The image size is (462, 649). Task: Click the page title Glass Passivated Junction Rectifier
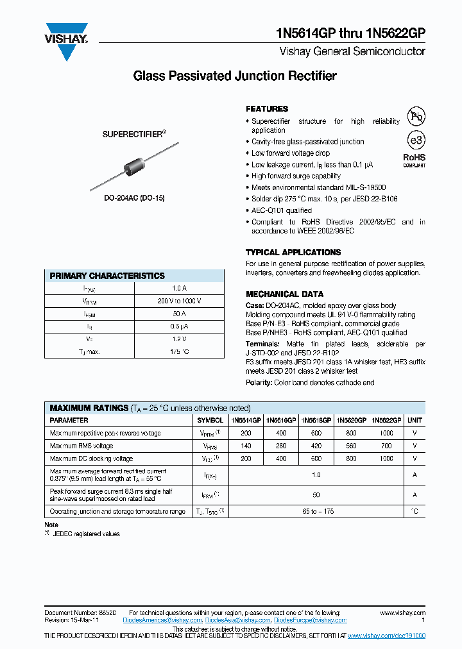coord(234,76)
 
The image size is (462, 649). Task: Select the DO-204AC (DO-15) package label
coord(135,199)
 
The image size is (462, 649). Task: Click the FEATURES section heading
coord(267,109)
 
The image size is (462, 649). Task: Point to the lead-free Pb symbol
coord(417,117)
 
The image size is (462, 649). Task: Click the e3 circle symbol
coord(416,140)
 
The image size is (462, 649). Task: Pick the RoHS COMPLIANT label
coord(414,160)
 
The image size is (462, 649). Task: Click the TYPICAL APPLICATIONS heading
coord(293,253)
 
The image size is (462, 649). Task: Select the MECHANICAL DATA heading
coord(281,294)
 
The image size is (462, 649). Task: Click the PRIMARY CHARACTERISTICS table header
coord(107,276)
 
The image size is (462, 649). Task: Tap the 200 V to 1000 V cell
coord(179,301)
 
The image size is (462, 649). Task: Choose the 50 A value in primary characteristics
coord(179,314)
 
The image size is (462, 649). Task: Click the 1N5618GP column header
coord(316,420)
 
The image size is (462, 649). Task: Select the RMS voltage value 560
coord(351,446)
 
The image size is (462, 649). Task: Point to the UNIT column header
coord(415,420)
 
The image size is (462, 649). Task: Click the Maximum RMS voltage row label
coord(81,446)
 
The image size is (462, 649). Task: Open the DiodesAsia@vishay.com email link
coord(238,620)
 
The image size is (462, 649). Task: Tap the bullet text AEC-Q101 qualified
coord(282,210)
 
